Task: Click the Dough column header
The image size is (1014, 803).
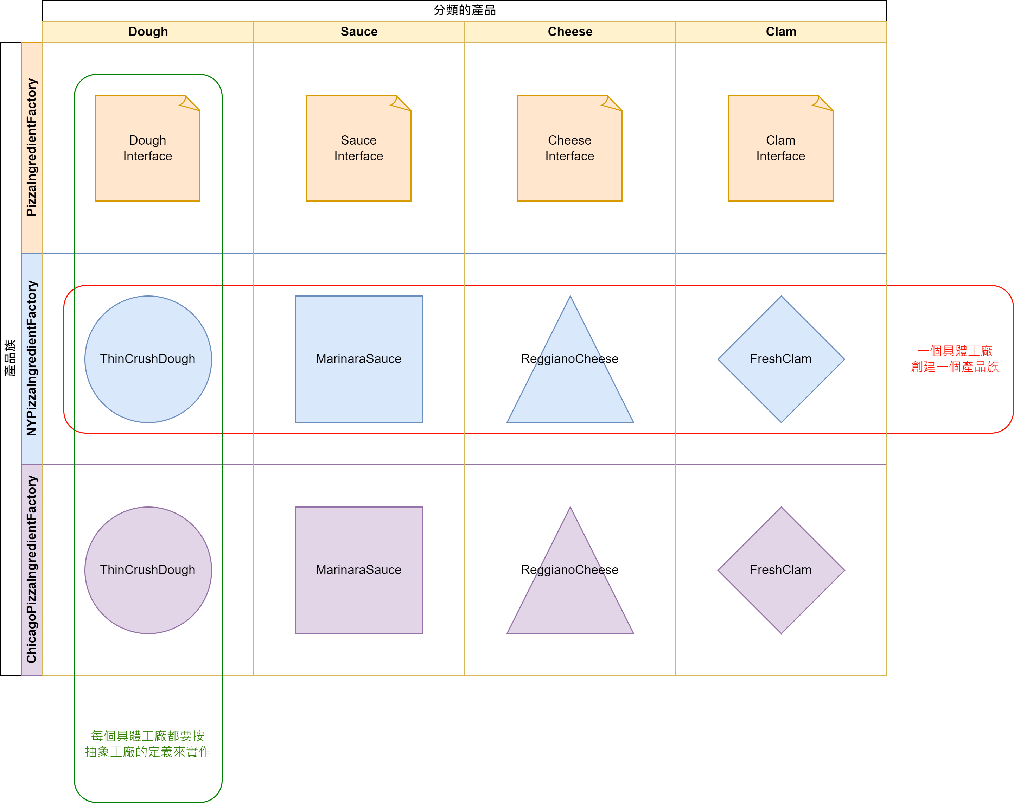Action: (148, 32)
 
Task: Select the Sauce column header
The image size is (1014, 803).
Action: (359, 32)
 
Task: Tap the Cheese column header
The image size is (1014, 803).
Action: (570, 32)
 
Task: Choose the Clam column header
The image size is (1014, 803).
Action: (781, 32)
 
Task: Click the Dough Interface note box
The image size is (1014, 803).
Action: (148, 148)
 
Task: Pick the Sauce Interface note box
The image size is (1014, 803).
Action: (359, 148)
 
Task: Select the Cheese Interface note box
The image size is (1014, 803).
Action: (569, 148)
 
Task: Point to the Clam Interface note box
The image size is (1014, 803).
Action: (780, 148)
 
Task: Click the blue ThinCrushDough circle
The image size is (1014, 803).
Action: (148, 359)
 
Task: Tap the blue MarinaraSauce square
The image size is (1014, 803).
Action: (359, 359)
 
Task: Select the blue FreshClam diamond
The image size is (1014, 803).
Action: (781, 359)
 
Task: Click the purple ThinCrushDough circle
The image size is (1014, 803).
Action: (148, 570)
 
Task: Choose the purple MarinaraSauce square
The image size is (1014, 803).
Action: (359, 570)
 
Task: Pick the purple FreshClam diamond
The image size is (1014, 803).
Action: (781, 570)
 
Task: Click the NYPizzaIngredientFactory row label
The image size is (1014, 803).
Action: (32, 359)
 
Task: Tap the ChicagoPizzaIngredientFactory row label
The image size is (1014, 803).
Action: (32, 570)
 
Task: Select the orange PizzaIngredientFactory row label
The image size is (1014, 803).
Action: (32, 148)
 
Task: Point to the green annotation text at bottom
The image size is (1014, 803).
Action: (148, 744)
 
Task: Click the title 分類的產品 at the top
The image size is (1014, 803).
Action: (465, 10)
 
